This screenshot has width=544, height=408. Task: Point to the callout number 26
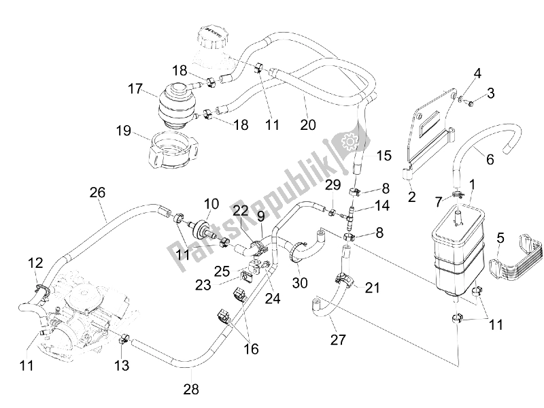(x=97, y=192)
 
